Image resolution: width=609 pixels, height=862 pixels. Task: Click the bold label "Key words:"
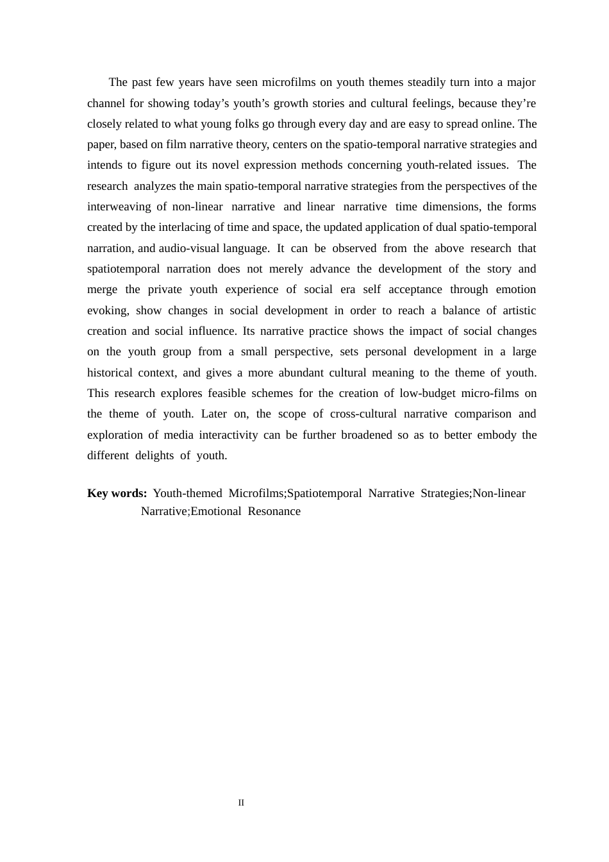click(x=117, y=493)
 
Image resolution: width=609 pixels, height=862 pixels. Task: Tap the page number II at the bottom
click(x=241, y=803)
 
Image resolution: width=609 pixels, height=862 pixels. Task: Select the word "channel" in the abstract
click(x=106, y=103)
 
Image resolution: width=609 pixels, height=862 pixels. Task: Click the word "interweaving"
click(x=119, y=207)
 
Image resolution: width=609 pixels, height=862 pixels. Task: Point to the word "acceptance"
click(x=415, y=289)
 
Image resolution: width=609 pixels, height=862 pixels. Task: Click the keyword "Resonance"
click(x=274, y=511)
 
